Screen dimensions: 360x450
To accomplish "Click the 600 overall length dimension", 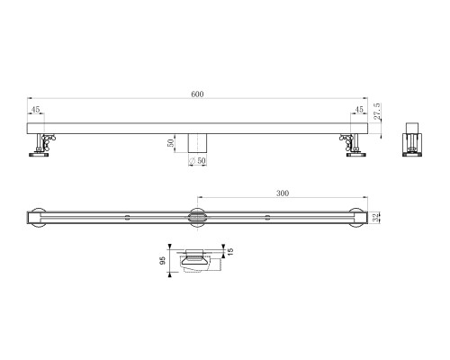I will tap(198, 94).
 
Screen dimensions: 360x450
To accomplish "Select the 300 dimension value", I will tap(283, 193).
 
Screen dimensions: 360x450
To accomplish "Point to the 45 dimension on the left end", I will tap(35, 111).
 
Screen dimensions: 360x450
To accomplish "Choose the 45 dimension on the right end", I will tap(358, 111).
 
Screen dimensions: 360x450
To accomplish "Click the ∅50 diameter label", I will tap(195, 160).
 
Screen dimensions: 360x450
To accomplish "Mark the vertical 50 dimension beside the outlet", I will tap(170, 142).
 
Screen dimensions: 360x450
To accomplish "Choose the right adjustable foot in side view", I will tap(352, 144).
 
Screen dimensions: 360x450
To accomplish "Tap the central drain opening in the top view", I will tap(197, 216).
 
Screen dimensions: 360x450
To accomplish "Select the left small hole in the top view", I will tap(128, 216).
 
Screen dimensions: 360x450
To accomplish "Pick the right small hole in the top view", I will tap(267, 216).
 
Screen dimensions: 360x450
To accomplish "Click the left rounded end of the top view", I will tap(34, 216).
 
